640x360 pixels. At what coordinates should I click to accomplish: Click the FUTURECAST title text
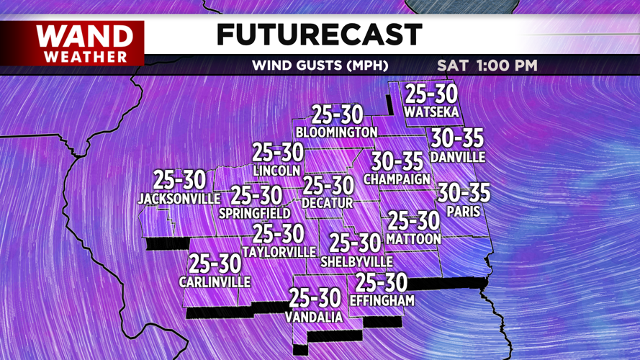pyautogui.click(x=319, y=35)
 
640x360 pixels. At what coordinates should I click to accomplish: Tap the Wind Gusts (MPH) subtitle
pyautogui.click(x=320, y=66)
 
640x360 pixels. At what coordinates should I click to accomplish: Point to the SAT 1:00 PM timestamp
pyautogui.click(x=487, y=66)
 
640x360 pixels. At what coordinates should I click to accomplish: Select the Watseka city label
pyautogui.click(x=431, y=112)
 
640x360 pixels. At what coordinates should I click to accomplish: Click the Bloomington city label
pyautogui.click(x=337, y=132)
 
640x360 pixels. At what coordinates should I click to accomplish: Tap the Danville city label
pyautogui.click(x=457, y=157)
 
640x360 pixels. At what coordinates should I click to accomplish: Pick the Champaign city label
pyautogui.click(x=397, y=179)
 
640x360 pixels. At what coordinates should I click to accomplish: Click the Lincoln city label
pyautogui.click(x=277, y=171)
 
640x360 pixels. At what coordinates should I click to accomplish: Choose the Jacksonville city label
pyautogui.click(x=179, y=198)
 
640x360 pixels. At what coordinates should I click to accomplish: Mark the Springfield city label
pyautogui.click(x=256, y=213)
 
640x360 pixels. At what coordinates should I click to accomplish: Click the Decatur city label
pyautogui.click(x=328, y=204)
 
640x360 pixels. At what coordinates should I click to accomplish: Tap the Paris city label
pyautogui.click(x=464, y=212)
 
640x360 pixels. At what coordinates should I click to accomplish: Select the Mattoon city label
pyautogui.click(x=413, y=238)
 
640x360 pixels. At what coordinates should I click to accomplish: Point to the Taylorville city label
pyautogui.click(x=279, y=252)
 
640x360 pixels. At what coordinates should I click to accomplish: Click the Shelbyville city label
pyautogui.click(x=356, y=261)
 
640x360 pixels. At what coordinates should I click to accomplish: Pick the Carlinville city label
pyautogui.click(x=215, y=282)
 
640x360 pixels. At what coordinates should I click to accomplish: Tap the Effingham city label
pyautogui.click(x=382, y=300)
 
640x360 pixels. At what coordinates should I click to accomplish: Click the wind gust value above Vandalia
pyautogui.click(x=314, y=297)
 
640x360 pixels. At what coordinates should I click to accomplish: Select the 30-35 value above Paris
pyautogui.click(x=464, y=193)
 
